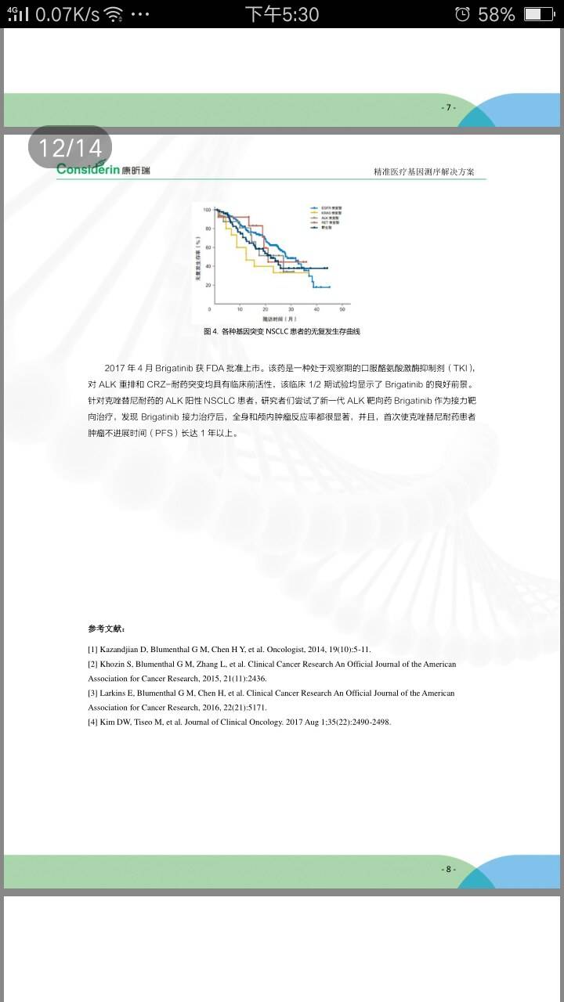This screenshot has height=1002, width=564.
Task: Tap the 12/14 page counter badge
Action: tap(70, 147)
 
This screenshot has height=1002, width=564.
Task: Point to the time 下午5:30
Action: tap(282, 14)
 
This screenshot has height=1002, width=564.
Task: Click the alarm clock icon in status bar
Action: tap(462, 14)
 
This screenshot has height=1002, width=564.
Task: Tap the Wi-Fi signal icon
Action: tap(114, 14)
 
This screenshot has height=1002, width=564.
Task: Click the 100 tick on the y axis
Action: tap(207, 210)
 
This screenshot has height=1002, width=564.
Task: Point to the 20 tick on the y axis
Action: tap(208, 285)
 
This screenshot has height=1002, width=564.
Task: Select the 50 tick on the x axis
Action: tap(342, 309)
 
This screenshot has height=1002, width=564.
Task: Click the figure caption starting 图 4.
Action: tap(281, 332)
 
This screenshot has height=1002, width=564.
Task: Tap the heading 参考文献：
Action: tap(106, 629)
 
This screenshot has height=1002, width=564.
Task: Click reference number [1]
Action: tap(92, 650)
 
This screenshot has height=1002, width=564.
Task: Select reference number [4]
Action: tap(92, 722)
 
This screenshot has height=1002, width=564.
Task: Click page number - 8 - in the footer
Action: tap(448, 869)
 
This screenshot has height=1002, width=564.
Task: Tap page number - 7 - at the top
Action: tap(448, 107)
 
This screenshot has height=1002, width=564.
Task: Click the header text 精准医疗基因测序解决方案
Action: tap(424, 172)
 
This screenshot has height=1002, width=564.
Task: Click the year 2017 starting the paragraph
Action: tap(115, 368)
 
